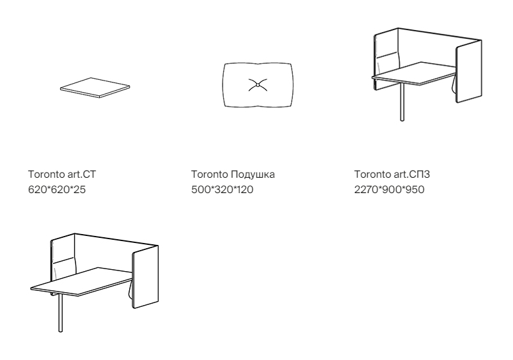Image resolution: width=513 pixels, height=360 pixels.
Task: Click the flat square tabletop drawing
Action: (x=95, y=88)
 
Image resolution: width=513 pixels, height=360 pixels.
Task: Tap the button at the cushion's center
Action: (x=258, y=85)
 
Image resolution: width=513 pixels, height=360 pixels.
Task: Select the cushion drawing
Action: (x=258, y=85)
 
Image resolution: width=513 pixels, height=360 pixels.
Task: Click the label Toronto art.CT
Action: (x=62, y=175)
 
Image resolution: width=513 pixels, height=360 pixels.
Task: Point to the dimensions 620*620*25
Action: (x=57, y=190)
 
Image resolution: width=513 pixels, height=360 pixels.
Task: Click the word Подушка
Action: (x=253, y=175)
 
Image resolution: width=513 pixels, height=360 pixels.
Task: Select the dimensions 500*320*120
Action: (x=222, y=190)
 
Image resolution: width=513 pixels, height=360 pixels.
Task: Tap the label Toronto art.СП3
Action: (x=392, y=175)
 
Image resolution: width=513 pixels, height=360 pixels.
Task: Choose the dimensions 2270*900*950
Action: (x=390, y=190)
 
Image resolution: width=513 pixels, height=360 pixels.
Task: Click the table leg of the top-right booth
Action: (x=402, y=102)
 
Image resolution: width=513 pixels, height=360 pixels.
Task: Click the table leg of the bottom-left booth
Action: (x=61, y=312)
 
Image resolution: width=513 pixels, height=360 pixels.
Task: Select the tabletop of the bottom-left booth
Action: (x=82, y=282)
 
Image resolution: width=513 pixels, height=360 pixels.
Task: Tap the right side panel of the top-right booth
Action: (x=469, y=71)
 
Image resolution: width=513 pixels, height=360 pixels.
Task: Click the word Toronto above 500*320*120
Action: (x=209, y=175)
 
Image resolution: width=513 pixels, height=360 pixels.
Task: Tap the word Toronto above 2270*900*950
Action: (x=372, y=175)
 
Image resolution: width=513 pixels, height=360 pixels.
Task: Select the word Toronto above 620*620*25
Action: (x=47, y=175)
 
